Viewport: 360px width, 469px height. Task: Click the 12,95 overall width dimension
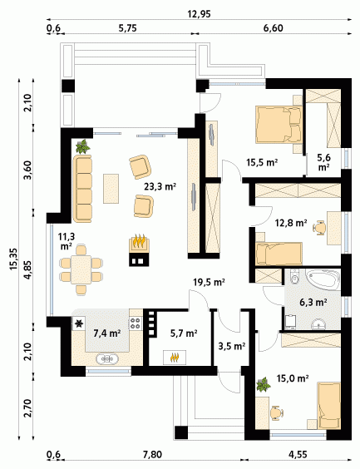[x=199, y=14]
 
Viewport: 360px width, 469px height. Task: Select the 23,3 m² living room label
[x=160, y=187]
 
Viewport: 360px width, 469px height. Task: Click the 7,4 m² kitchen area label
[x=107, y=333]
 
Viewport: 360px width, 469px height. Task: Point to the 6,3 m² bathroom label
[x=313, y=303]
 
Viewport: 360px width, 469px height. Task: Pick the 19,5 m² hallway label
[x=209, y=282]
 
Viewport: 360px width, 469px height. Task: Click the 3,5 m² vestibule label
[x=232, y=347]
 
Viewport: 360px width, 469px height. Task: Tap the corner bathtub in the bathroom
[x=323, y=279]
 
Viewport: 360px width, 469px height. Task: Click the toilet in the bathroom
[x=295, y=277]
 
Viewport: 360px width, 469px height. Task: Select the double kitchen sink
[x=107, y=358]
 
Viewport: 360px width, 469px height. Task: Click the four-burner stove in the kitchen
[x=136, y=323]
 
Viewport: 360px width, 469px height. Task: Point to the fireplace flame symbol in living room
[x=139, y=241]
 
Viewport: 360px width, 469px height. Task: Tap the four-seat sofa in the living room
[x=82, y=189]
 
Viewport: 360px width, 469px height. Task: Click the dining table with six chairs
[x=81, y=269]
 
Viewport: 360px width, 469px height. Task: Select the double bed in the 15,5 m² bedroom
[x=279, y=125]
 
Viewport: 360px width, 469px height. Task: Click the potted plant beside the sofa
[x=83, y=146]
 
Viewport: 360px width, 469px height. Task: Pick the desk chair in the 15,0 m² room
[x=277, y=413]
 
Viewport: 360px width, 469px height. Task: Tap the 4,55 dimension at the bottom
[x=298, y=455]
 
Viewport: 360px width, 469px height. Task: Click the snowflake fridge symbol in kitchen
[x=79, y=323]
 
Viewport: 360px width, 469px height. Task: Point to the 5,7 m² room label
[x=184, y=333]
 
